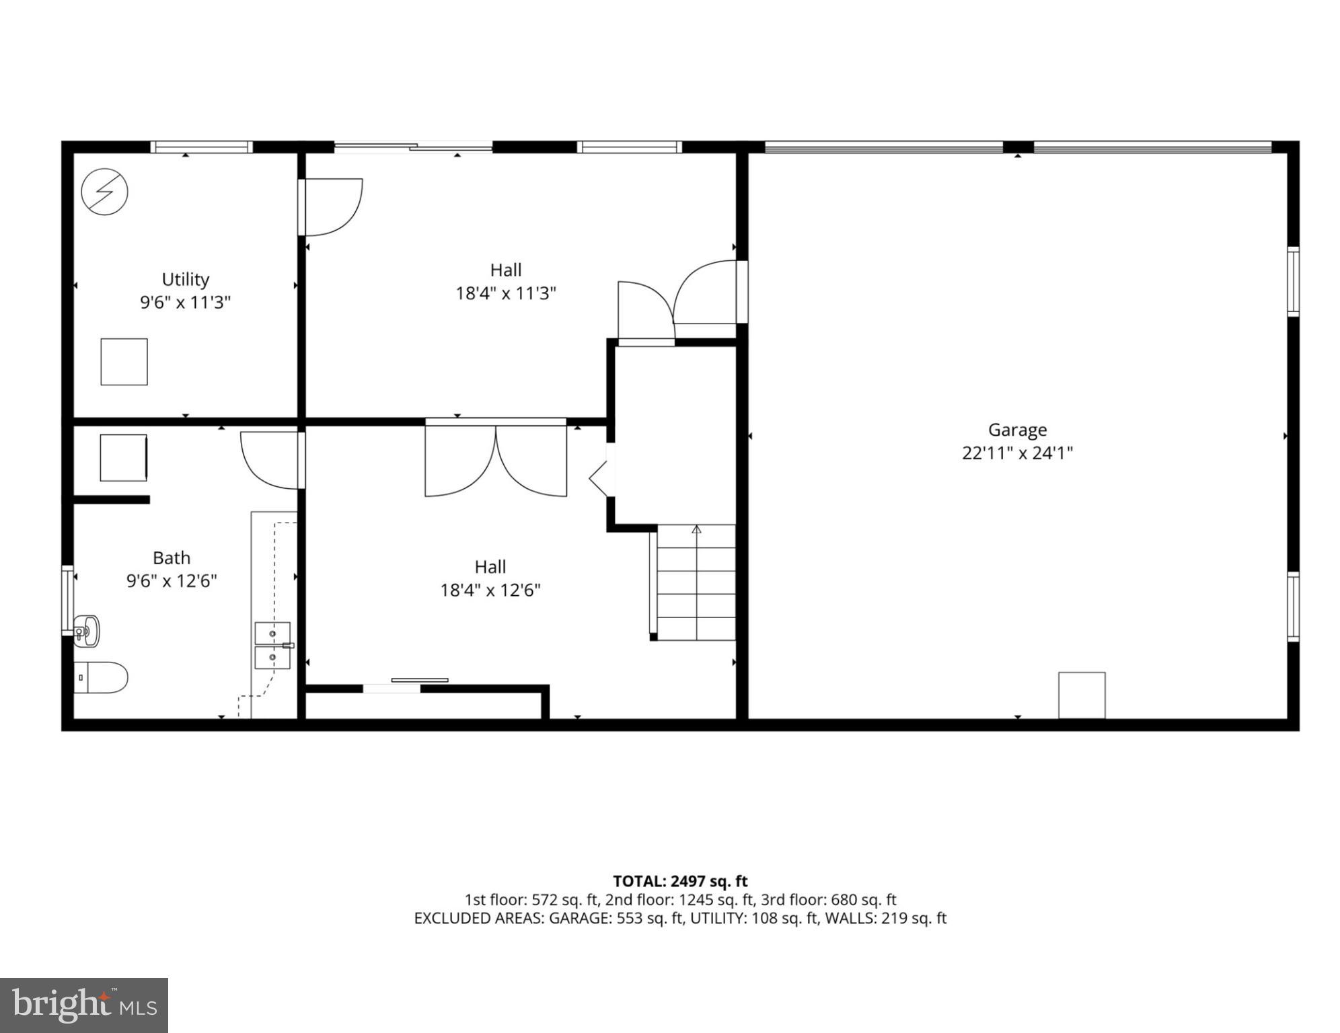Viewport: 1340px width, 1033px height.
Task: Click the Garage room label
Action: pos(1016,429)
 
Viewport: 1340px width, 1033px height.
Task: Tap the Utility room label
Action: pos(185,279)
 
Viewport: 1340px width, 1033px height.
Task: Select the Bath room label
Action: pos(172,558)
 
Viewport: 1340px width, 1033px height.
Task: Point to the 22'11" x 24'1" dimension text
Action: pos(1016,453)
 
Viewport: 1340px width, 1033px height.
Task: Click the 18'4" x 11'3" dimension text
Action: pos(505,293)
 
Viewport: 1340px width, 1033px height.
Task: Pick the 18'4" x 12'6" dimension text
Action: pos(490,590)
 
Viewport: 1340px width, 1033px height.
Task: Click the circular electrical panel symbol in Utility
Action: pos(104,192)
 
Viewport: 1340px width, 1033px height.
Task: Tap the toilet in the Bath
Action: pos(100,677)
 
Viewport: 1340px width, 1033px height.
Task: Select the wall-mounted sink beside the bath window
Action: pos(86,631)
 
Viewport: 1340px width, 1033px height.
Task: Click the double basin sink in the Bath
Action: pos(272,646)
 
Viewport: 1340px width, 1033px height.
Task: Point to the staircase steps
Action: pos(696,582)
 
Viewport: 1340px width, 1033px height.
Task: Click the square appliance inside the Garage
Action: pos(1081,695)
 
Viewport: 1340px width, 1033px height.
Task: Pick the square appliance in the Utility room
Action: pos(124,362)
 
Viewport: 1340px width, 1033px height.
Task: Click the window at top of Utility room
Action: pos(201,147)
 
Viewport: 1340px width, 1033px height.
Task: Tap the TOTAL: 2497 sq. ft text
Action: pos(679,881)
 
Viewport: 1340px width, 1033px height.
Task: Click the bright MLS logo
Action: pos(84,1005)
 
